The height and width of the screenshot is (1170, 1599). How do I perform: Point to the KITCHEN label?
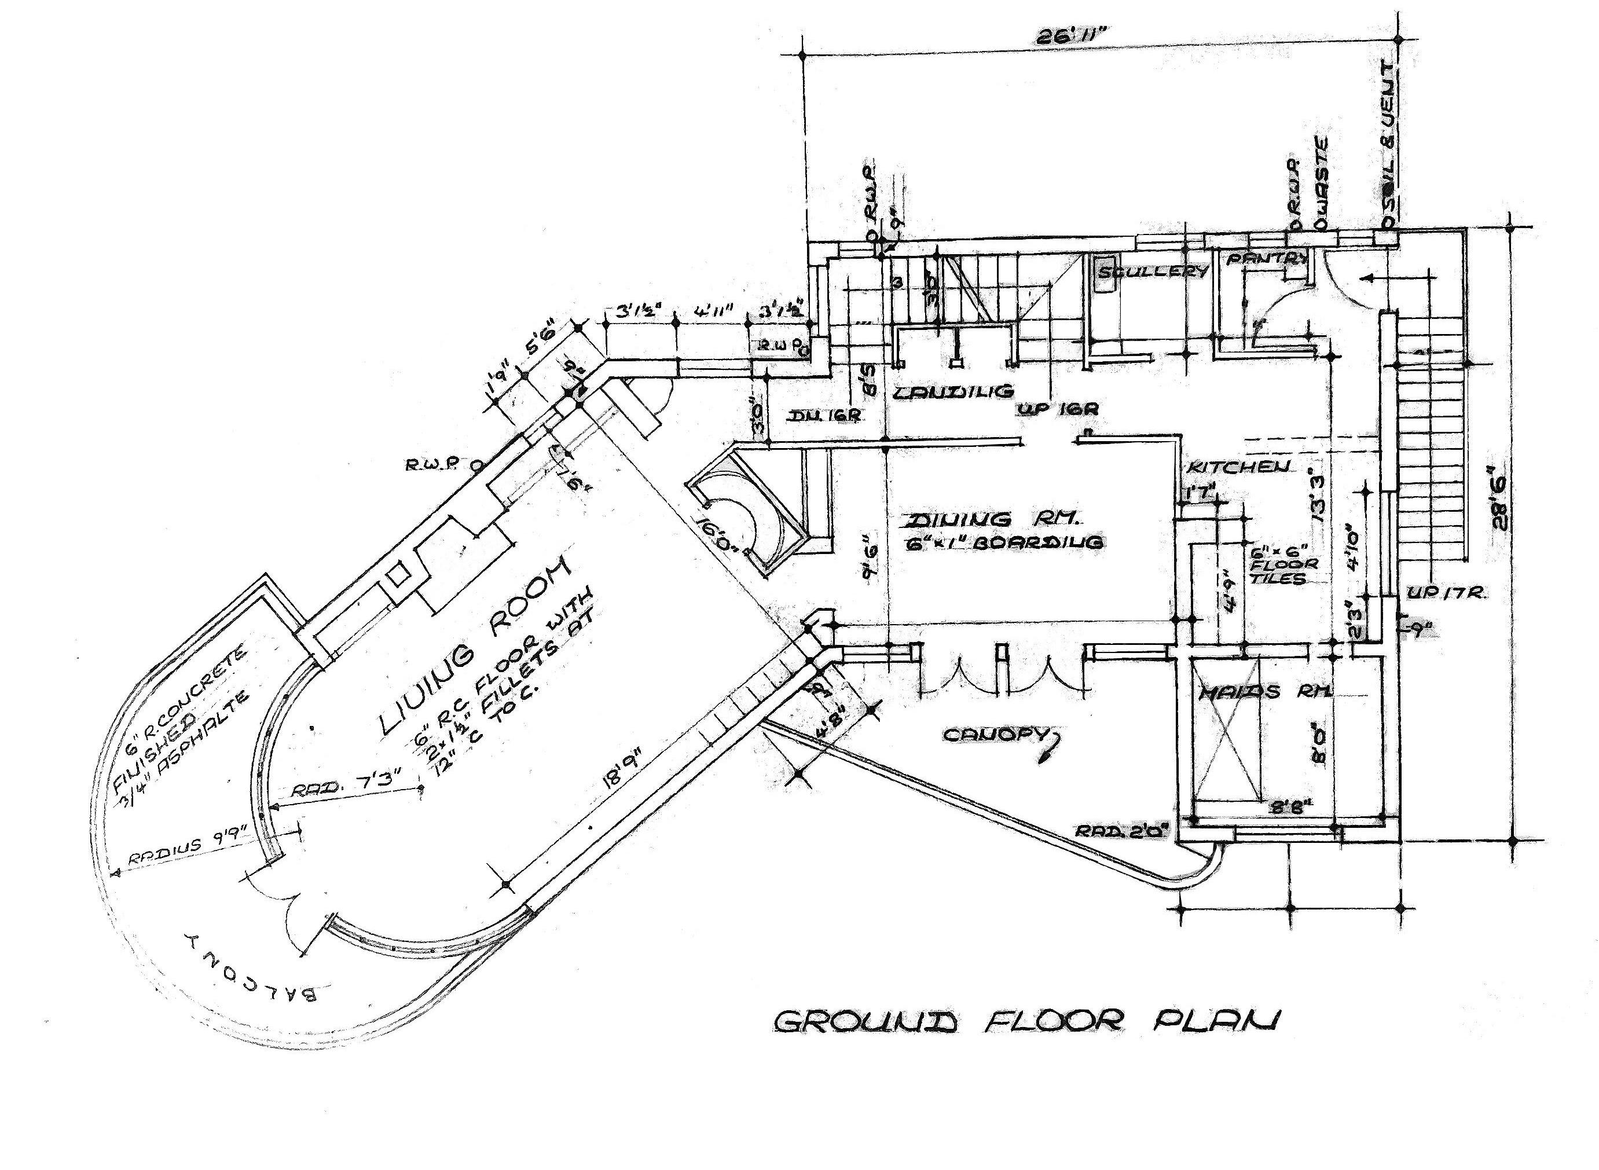pos(1238,467)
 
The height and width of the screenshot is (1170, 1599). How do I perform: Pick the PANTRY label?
pos(1266,259)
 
